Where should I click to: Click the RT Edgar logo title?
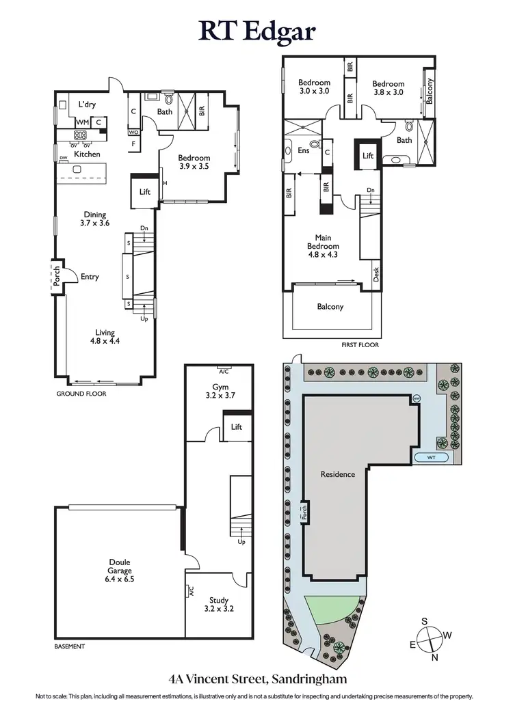[256, 31]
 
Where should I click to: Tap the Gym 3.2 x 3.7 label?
[220, 391]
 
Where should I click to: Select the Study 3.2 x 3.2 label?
[219, 605]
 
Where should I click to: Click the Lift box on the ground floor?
[144, 192]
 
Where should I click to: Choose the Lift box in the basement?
[237, 427]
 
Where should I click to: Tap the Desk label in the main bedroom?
[377, 274]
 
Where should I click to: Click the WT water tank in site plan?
[430, 456]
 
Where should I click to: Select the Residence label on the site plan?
[338, 474]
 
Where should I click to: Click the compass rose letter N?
[434, 658]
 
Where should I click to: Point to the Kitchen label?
[87, 154]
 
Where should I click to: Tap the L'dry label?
[86, 105]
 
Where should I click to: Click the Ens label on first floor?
[303, 151]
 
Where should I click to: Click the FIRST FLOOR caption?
[360, 345]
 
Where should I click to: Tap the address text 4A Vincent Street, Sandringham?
[256, 679]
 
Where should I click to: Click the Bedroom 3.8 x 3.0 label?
[389, 87]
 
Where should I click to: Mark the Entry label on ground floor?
[90, 277]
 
